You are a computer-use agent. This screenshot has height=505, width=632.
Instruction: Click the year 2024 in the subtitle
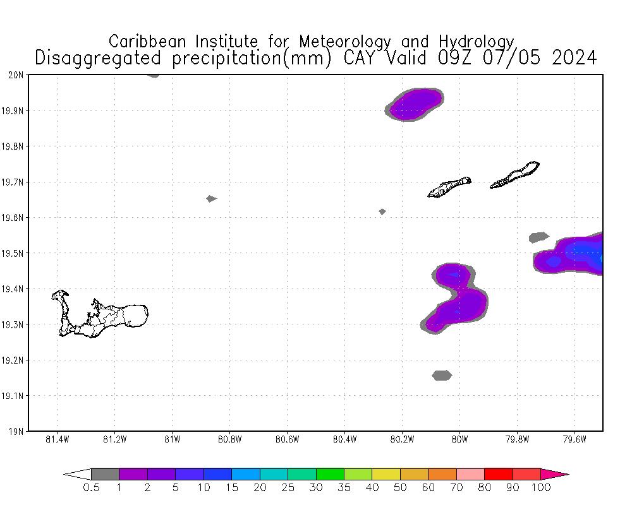tap(574, 58)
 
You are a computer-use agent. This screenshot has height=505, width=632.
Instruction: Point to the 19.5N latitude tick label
tap(15, 253)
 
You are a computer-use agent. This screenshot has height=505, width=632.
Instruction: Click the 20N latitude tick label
tap(18, 75)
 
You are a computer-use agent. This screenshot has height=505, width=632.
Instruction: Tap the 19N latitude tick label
tap(18, 432)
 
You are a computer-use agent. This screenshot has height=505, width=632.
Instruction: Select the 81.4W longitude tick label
tap(57, 439)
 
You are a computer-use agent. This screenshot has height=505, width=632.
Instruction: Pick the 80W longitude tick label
tap(459, 439)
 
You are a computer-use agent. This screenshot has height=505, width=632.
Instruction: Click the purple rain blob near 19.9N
tap(415, 104)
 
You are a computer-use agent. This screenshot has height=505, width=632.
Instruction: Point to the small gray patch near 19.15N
tap(442, 376)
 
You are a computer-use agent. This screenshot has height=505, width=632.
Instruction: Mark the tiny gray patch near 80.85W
tap(211, 199)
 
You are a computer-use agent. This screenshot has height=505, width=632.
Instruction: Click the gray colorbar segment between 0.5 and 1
tap(105, 474)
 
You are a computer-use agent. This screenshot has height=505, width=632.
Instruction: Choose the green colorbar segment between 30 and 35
tap(330, 474)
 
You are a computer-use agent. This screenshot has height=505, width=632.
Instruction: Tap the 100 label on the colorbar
tap(541, 488)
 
